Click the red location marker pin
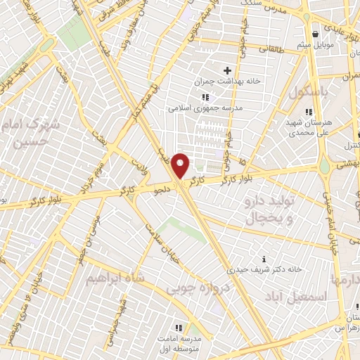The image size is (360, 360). pos(181,166)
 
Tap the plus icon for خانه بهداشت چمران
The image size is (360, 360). pos(227,70)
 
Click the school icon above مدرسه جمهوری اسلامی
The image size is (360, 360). pos(205,97)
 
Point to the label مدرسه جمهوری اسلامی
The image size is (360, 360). pos(204,108)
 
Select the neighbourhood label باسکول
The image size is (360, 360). pos(309,91)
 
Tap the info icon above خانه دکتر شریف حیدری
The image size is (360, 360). pos(264,259)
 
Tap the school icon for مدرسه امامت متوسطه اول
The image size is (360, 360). pos(179,328)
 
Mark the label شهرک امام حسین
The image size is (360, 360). pos(35,134)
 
